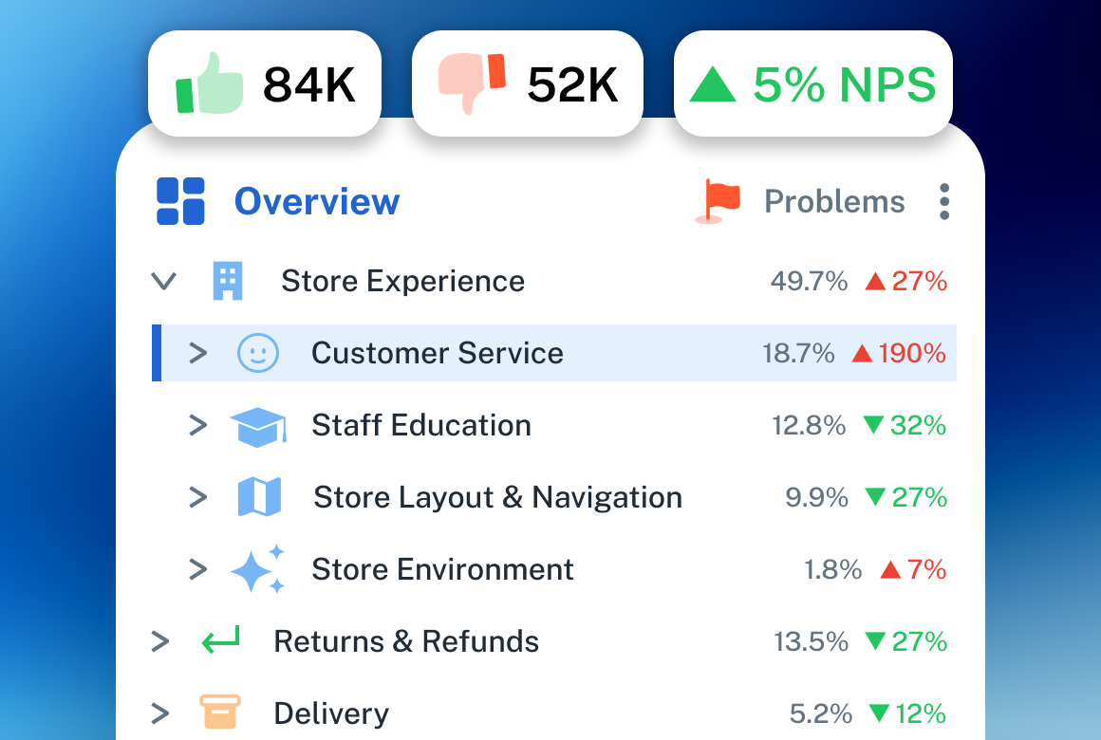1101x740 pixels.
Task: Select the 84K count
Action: (x=309, y=85)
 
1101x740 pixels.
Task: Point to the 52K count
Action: (x=572, y=85)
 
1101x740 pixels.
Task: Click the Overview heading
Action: (x=317, y=202)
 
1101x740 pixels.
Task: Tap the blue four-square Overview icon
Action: (x=180, y=202)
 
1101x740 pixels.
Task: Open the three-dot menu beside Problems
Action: (x=943, y=202)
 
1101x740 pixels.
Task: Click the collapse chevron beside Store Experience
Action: (x=164, y=281)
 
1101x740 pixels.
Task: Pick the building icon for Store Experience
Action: (x=228, y=281)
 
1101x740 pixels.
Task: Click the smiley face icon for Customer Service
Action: (x=257, y=353)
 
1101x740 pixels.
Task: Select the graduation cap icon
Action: (x=258, y=426)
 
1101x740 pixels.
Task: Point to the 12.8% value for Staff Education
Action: (x=809, y=426)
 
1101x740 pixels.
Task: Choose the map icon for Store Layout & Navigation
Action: (x=259, y=497)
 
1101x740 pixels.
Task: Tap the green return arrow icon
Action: (x=221, y=641)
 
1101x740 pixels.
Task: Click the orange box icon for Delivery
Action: (x=220, y=712)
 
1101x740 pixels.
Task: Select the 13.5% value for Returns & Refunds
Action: (x=811, y=642)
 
